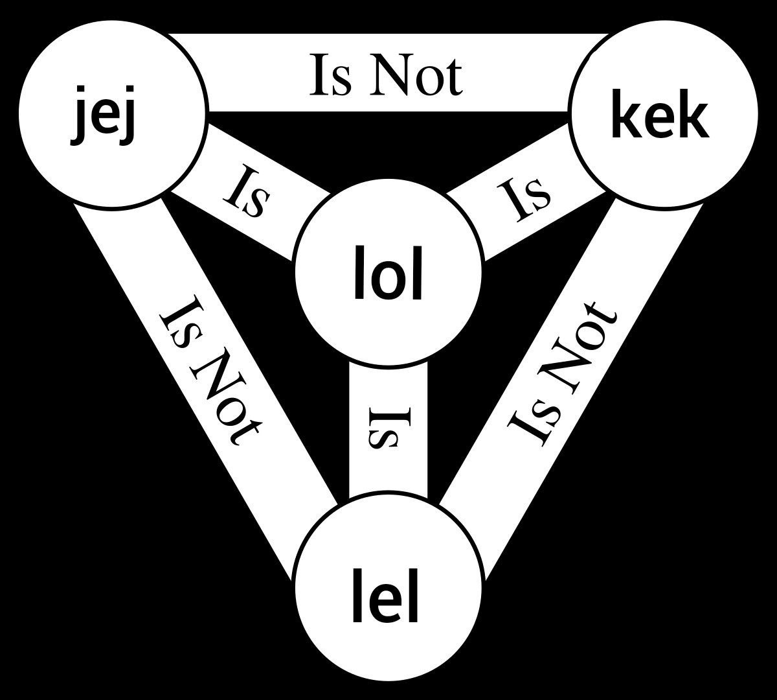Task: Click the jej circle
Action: pos(113,113)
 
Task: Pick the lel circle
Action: pos(388,589)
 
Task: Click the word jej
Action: pos(103,115)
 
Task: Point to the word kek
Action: pos(660,113)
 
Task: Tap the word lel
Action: pos(385,595)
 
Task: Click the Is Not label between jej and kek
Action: pos(386,75)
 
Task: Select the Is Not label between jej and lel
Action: pos(211,370)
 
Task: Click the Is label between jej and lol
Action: pos(247,191)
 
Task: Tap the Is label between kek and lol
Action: pos(524,200)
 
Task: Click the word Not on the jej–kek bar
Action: pos(416,75)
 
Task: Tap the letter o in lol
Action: pos(388,281)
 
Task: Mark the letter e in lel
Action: pos(385,603)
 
